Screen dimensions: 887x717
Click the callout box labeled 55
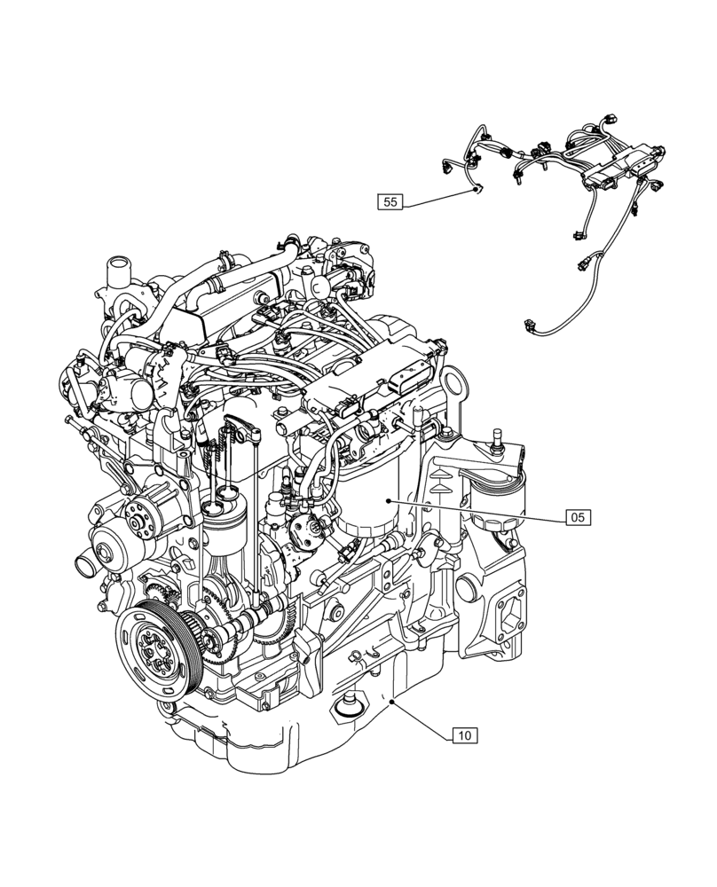[x=390, y=202]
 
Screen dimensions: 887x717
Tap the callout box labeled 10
[x=464, y=734]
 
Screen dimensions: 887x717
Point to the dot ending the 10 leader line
[x=392, y=701]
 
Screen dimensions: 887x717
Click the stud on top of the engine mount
[x=495, y=436]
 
